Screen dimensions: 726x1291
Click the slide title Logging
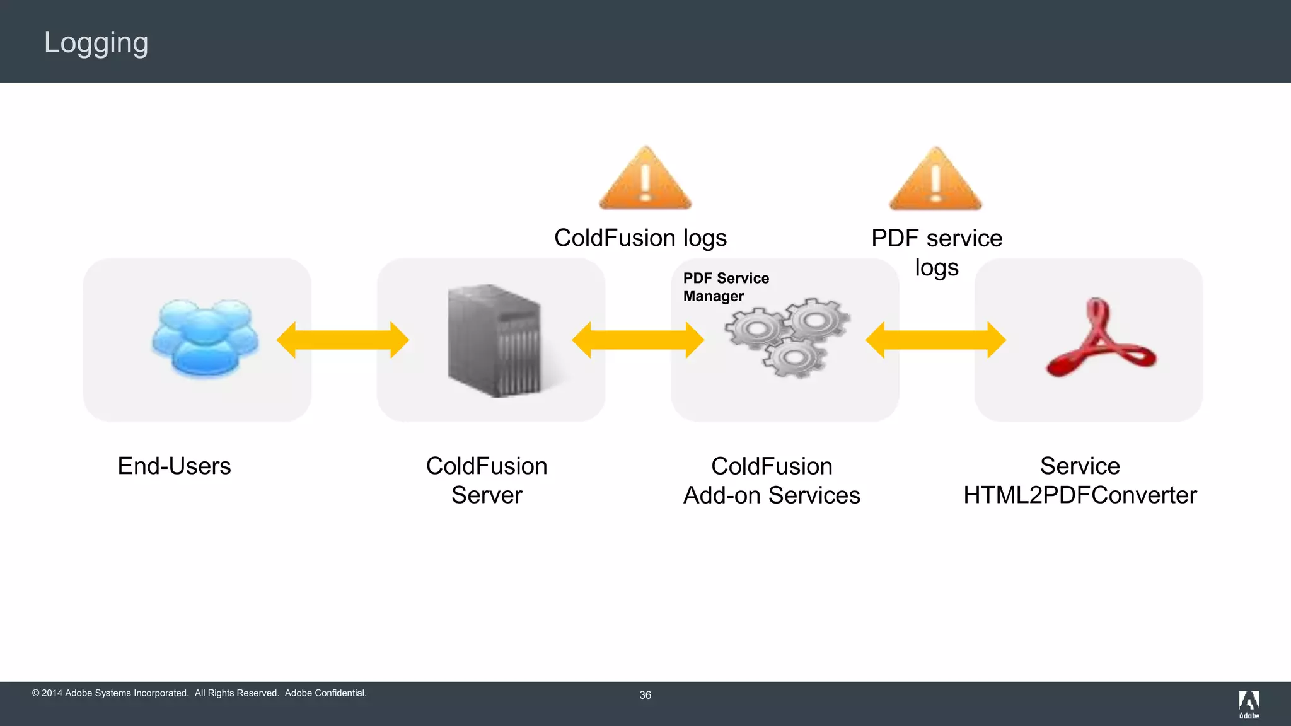pos(96,43)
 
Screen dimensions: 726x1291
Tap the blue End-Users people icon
pos(204,338)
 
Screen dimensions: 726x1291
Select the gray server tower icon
pos(494,340)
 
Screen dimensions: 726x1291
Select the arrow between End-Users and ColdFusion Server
pos(343,340)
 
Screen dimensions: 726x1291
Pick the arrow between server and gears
pos(637,340)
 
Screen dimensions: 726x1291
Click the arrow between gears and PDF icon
pos(935,340)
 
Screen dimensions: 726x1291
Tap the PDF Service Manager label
pos(726,287)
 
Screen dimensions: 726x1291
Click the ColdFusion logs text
pos(640,238)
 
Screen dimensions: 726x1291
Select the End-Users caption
pos(174,466)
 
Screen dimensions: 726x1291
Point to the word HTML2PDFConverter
pos(1079,495)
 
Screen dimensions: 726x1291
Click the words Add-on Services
pos(772,495)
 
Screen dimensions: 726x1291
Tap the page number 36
pos(645,695)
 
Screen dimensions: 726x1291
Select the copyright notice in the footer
pos(199,693)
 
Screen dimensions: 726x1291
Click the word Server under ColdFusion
pos(487,495)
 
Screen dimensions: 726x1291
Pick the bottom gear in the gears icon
pos(794,358)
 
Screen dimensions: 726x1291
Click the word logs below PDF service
pos(936,268)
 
